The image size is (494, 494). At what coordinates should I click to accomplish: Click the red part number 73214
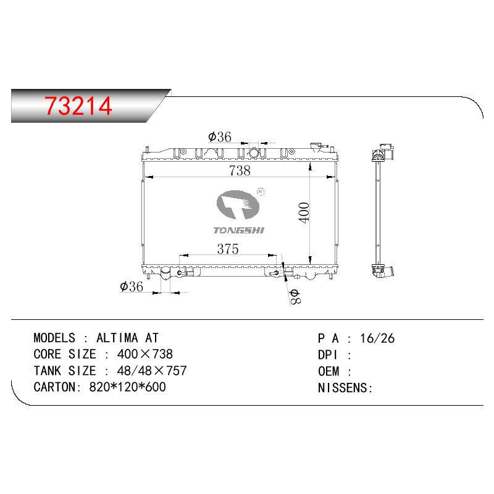pyautogui.click(x=78, y=106)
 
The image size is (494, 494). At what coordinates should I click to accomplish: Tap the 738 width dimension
pyautogui.click(x=240, y=171)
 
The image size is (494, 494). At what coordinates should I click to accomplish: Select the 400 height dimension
pyautogui.click(x=304, y=213)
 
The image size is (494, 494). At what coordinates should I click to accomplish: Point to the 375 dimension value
pyautogui.click(x=228, y=249)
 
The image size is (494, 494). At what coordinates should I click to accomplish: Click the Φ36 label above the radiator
pyautogui.click(x=220, y=137)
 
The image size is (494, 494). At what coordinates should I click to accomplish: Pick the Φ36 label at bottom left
pyautogui.click(x=132, y=287)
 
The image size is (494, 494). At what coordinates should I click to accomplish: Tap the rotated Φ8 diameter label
pyautogui.click(x=296, y=296)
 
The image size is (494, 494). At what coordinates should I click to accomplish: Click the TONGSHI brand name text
pyautogui.click(x=239, y=230)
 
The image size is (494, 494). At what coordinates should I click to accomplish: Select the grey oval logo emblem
pyautogui.click(x=238, y=205)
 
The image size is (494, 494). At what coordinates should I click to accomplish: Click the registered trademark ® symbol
pyautogui.click(x=261, y=191)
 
